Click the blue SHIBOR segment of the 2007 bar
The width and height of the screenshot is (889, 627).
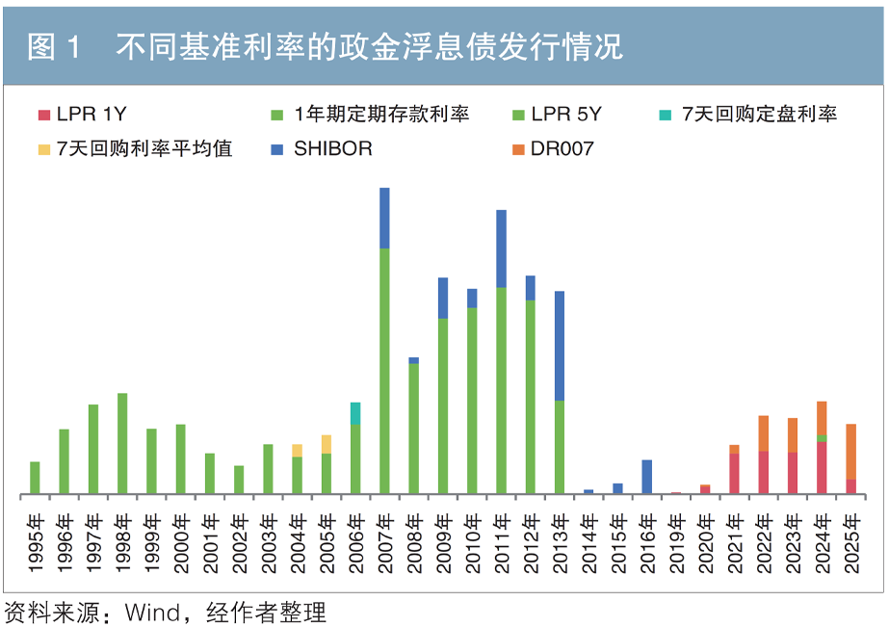[x=384, y=218]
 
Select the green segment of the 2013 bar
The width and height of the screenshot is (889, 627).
[x=560, y=447]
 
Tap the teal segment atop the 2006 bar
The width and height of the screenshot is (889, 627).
[x=355, y=413]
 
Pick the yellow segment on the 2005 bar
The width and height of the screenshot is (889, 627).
[x=327, y=444]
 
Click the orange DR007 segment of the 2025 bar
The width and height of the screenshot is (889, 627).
[x=851, y=452]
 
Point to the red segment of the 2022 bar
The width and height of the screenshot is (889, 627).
[x=764, y=472]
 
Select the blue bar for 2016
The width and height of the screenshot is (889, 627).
[x=647, y=477]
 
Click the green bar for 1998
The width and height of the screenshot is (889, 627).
[x=122, y=443]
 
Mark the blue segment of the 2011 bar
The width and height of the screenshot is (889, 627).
[x=501, y=248]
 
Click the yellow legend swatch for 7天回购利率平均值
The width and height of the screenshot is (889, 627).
[x=43, y=149]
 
